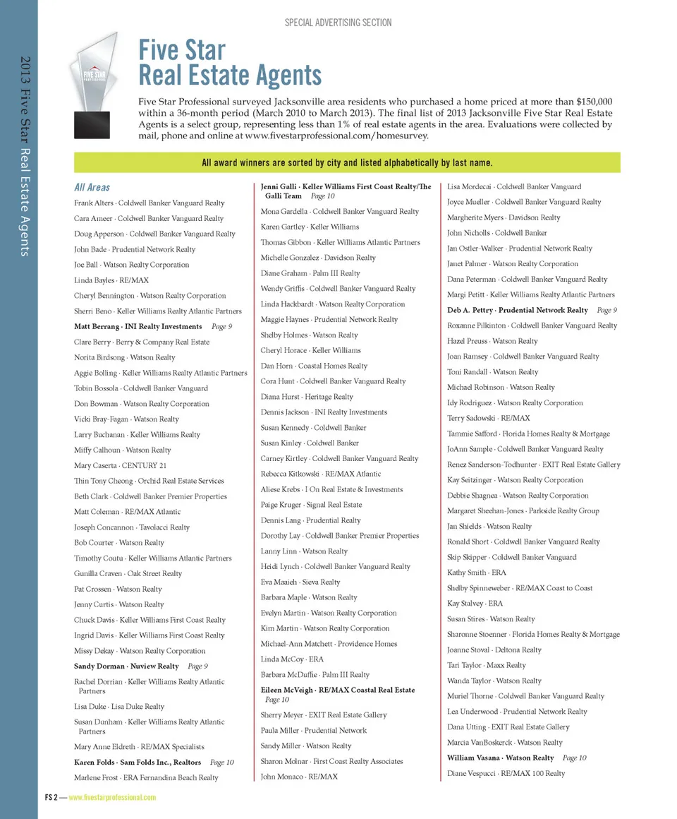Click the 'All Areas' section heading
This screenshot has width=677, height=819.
(x=92, y=187)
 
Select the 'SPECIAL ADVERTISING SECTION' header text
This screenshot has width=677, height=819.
(x=338, y=23)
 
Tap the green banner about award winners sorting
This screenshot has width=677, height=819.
(x=347, y=163)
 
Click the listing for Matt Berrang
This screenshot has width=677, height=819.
(x=138, y=326)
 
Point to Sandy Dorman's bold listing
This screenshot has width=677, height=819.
(x=126, y=666)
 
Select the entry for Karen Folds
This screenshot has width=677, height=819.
(x=138, y=762)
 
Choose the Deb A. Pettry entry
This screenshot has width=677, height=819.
(x=517, y=310)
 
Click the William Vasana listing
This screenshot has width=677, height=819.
(x=500, y=758)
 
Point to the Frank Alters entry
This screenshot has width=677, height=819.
(x=149, y=203)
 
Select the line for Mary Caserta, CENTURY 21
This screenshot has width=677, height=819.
(x=120, y=465)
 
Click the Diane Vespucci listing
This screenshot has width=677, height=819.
(x=506, y=773)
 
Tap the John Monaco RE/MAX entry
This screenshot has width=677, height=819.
(x=299, y=777)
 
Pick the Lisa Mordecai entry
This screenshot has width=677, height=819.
(x=513, y=186)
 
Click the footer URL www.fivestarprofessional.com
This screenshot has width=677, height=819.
(x=112, y=797)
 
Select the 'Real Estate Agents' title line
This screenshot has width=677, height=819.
(x=230, y=75)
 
